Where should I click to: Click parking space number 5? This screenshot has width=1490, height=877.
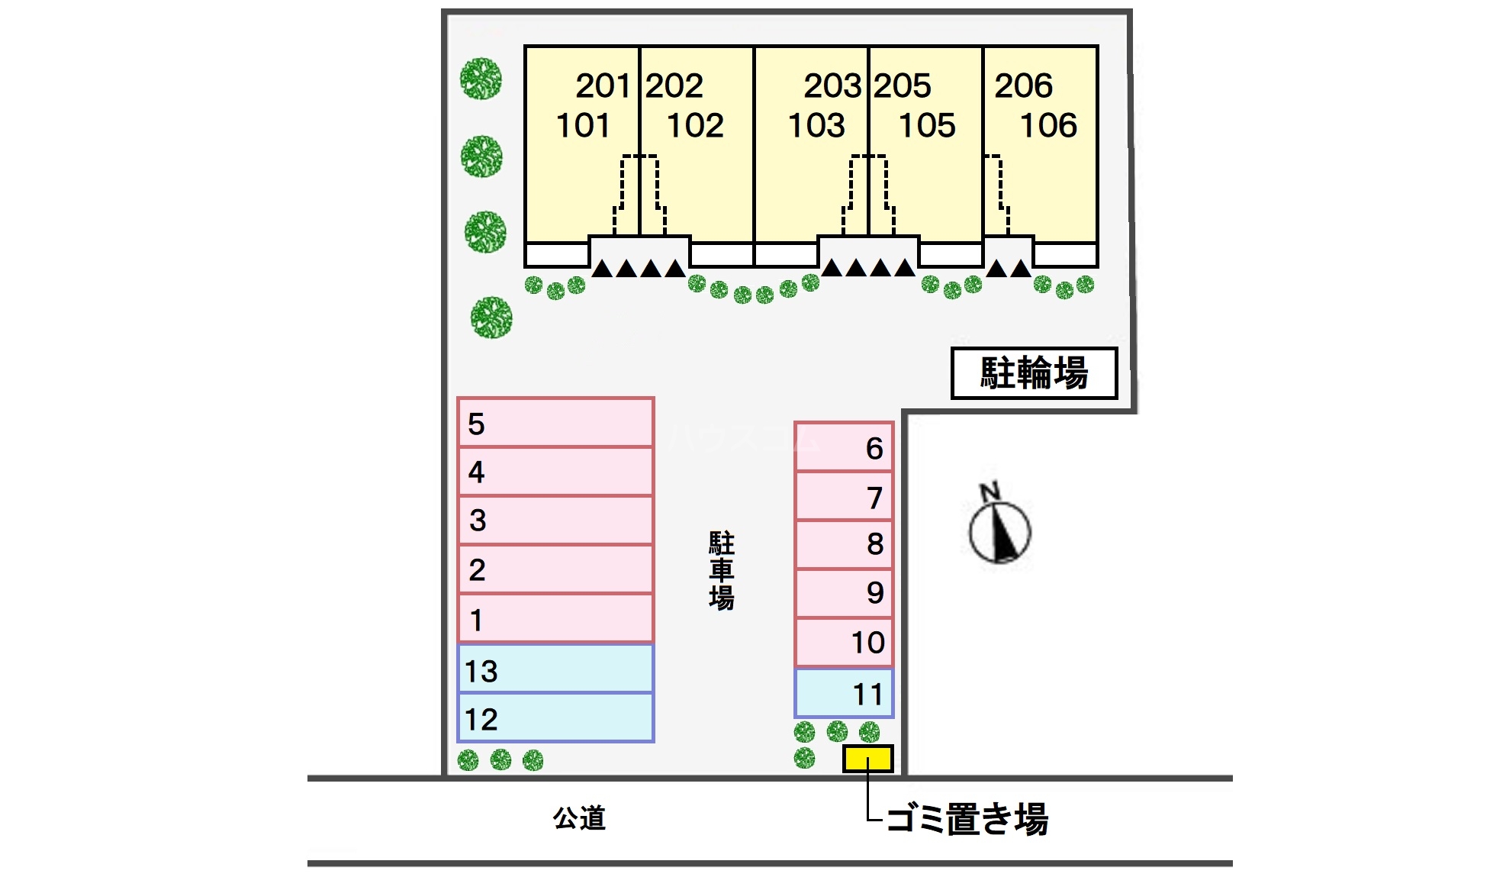click(x=555, y=422)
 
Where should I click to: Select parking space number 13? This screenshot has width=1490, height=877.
click(x=555, y=669)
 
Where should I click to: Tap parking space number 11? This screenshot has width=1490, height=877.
click(x=844, y=693)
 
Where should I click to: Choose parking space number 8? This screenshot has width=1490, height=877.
click(x=844, y=544)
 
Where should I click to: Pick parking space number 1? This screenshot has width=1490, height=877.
click(x=555, y=618)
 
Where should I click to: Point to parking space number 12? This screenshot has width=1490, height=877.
click(x=555, y=717)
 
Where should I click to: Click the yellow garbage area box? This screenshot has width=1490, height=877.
click(x=867, y=759)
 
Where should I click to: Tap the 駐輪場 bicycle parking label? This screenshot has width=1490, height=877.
click(x=1034, y=373)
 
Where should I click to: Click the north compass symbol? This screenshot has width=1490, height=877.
click(x=999, y=527)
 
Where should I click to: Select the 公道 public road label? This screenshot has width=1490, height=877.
click(x=579, y=818)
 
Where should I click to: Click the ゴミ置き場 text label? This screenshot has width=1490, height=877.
click(x=967, y=819)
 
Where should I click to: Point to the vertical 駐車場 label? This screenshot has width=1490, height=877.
click(x=722, y=571)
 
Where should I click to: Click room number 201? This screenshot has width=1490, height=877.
click(x=603, y=85)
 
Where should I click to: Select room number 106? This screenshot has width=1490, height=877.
click(x=1048, y=126)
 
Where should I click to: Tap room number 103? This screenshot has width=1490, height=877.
click(x=816, y=126)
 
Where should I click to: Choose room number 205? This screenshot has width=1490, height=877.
click(x=903, y=85)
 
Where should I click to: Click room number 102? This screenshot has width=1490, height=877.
click(x=695, y=126)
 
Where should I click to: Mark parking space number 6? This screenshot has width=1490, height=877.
click(x=844, y=447)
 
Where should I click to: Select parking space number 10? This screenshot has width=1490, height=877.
click(x=844, y=642)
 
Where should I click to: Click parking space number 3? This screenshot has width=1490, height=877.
click(x=555, y=520)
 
